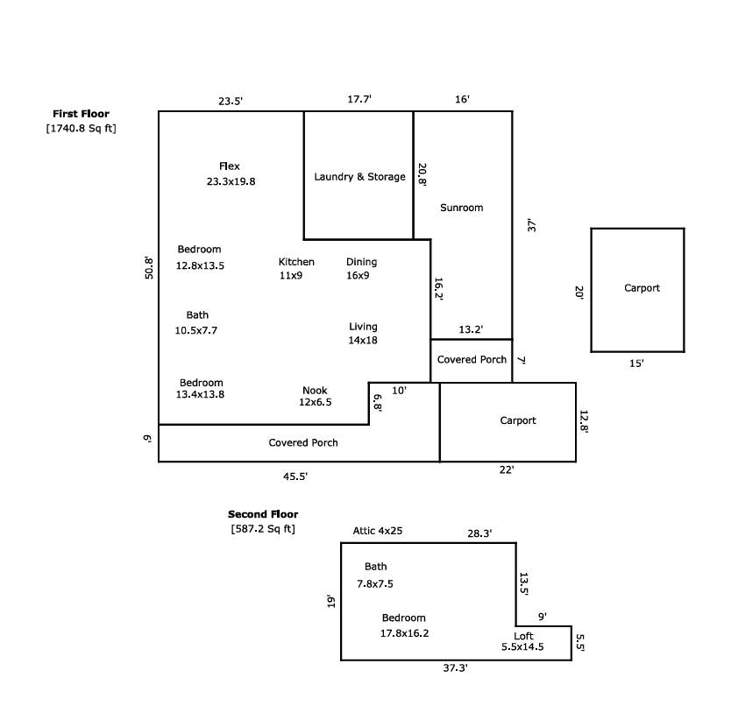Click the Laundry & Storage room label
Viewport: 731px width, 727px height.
[x=359, y=177]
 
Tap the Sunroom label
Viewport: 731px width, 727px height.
[x=462, y=208]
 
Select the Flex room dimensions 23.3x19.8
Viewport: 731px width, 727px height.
[x=231, y=181]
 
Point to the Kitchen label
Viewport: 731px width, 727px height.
[x=296, y=262]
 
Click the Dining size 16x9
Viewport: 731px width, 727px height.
[x=358, y=275]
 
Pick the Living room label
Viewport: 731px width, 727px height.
[x=363, y=327]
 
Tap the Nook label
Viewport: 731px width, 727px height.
[x=315, y=391]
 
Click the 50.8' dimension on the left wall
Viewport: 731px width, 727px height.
[x=149, y=267]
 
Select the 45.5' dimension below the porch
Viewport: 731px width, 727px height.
[x=295, y=476]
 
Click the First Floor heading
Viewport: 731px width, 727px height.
[x=81, y=114]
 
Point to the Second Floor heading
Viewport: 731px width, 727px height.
[x=263, y=514]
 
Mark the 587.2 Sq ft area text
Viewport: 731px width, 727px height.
[x=263, y=529]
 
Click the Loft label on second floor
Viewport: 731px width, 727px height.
[x=523, y=636]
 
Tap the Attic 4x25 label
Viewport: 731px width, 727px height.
[x=378, y=531]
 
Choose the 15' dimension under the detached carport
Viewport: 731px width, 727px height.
[x=636, y=363]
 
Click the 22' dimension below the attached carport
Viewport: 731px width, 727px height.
[x=507, y=469]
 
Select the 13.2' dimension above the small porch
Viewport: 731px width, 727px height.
[x=471, y=329]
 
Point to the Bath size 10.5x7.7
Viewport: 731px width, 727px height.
[x=195, y=330]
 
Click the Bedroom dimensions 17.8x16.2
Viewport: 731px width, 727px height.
[x=404, y=633]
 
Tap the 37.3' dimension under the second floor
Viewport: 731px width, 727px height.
[x=455, y=667]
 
